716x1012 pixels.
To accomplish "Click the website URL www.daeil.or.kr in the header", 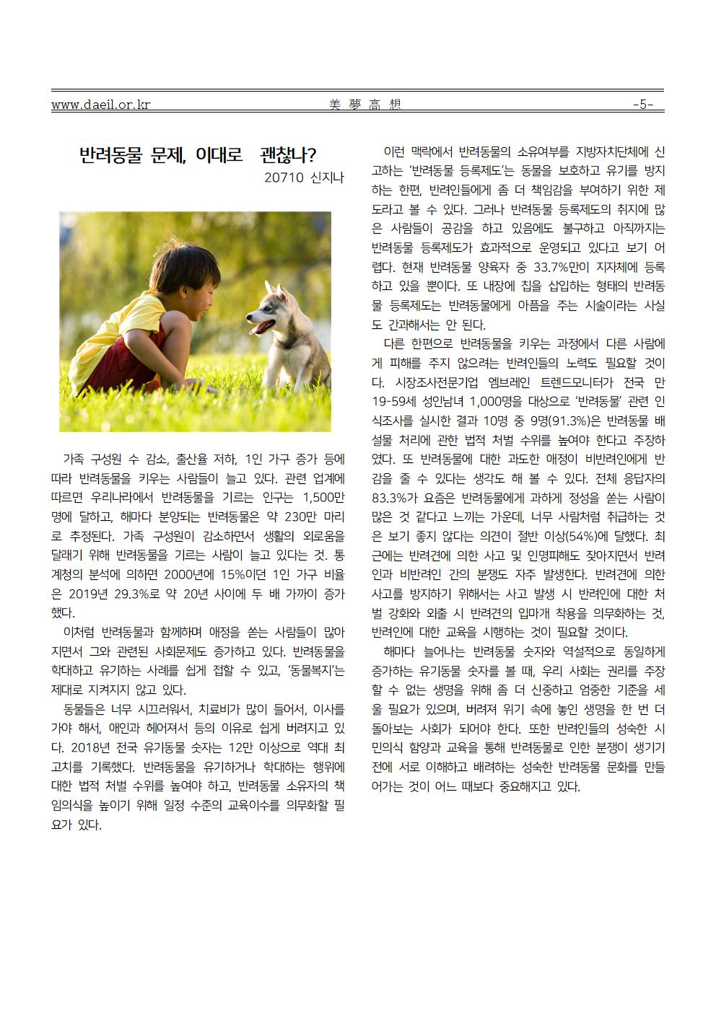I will (x=100, y=105).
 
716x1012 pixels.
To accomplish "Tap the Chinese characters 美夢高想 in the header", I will (x=364, y=105).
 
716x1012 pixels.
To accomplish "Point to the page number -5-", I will (x=642, y=105).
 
